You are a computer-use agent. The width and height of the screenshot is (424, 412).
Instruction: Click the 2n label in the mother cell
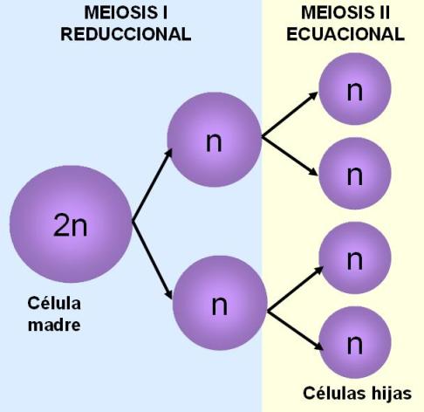tap(71, 224)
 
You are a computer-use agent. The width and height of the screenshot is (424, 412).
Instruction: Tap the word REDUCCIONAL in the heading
tap(126, 34)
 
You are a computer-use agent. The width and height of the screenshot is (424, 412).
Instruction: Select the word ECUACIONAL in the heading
tap(345, 34)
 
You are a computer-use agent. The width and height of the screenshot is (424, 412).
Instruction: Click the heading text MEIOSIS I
tap(126, 12)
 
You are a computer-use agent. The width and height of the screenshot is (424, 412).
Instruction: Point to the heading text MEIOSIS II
tap(345, 12)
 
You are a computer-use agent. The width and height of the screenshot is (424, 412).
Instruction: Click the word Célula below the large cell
tap(54, 303)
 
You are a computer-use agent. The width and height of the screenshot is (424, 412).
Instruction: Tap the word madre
tap(54, 325)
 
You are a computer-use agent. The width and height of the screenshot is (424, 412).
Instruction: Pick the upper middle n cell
tap(215, 140)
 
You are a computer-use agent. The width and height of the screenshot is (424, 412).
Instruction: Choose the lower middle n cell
tap(220, 303)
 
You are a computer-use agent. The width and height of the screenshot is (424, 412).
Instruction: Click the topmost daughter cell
tap(355, 89)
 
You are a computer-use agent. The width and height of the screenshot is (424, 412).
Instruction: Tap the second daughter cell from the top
tap(355, 173)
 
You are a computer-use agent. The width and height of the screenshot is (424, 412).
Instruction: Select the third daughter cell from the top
tap(355, 257)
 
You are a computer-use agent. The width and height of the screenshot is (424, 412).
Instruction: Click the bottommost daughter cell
tap(355, 342)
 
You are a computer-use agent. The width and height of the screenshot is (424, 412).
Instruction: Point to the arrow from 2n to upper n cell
tap(153, 185)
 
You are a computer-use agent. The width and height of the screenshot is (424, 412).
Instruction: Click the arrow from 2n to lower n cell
tap(153, 260)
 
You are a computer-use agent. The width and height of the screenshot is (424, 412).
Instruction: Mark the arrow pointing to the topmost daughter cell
tap(290, 114)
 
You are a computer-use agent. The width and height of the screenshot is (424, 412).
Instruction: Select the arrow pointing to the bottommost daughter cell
tap(295, 331)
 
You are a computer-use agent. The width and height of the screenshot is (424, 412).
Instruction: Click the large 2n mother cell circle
tap(71, 224)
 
